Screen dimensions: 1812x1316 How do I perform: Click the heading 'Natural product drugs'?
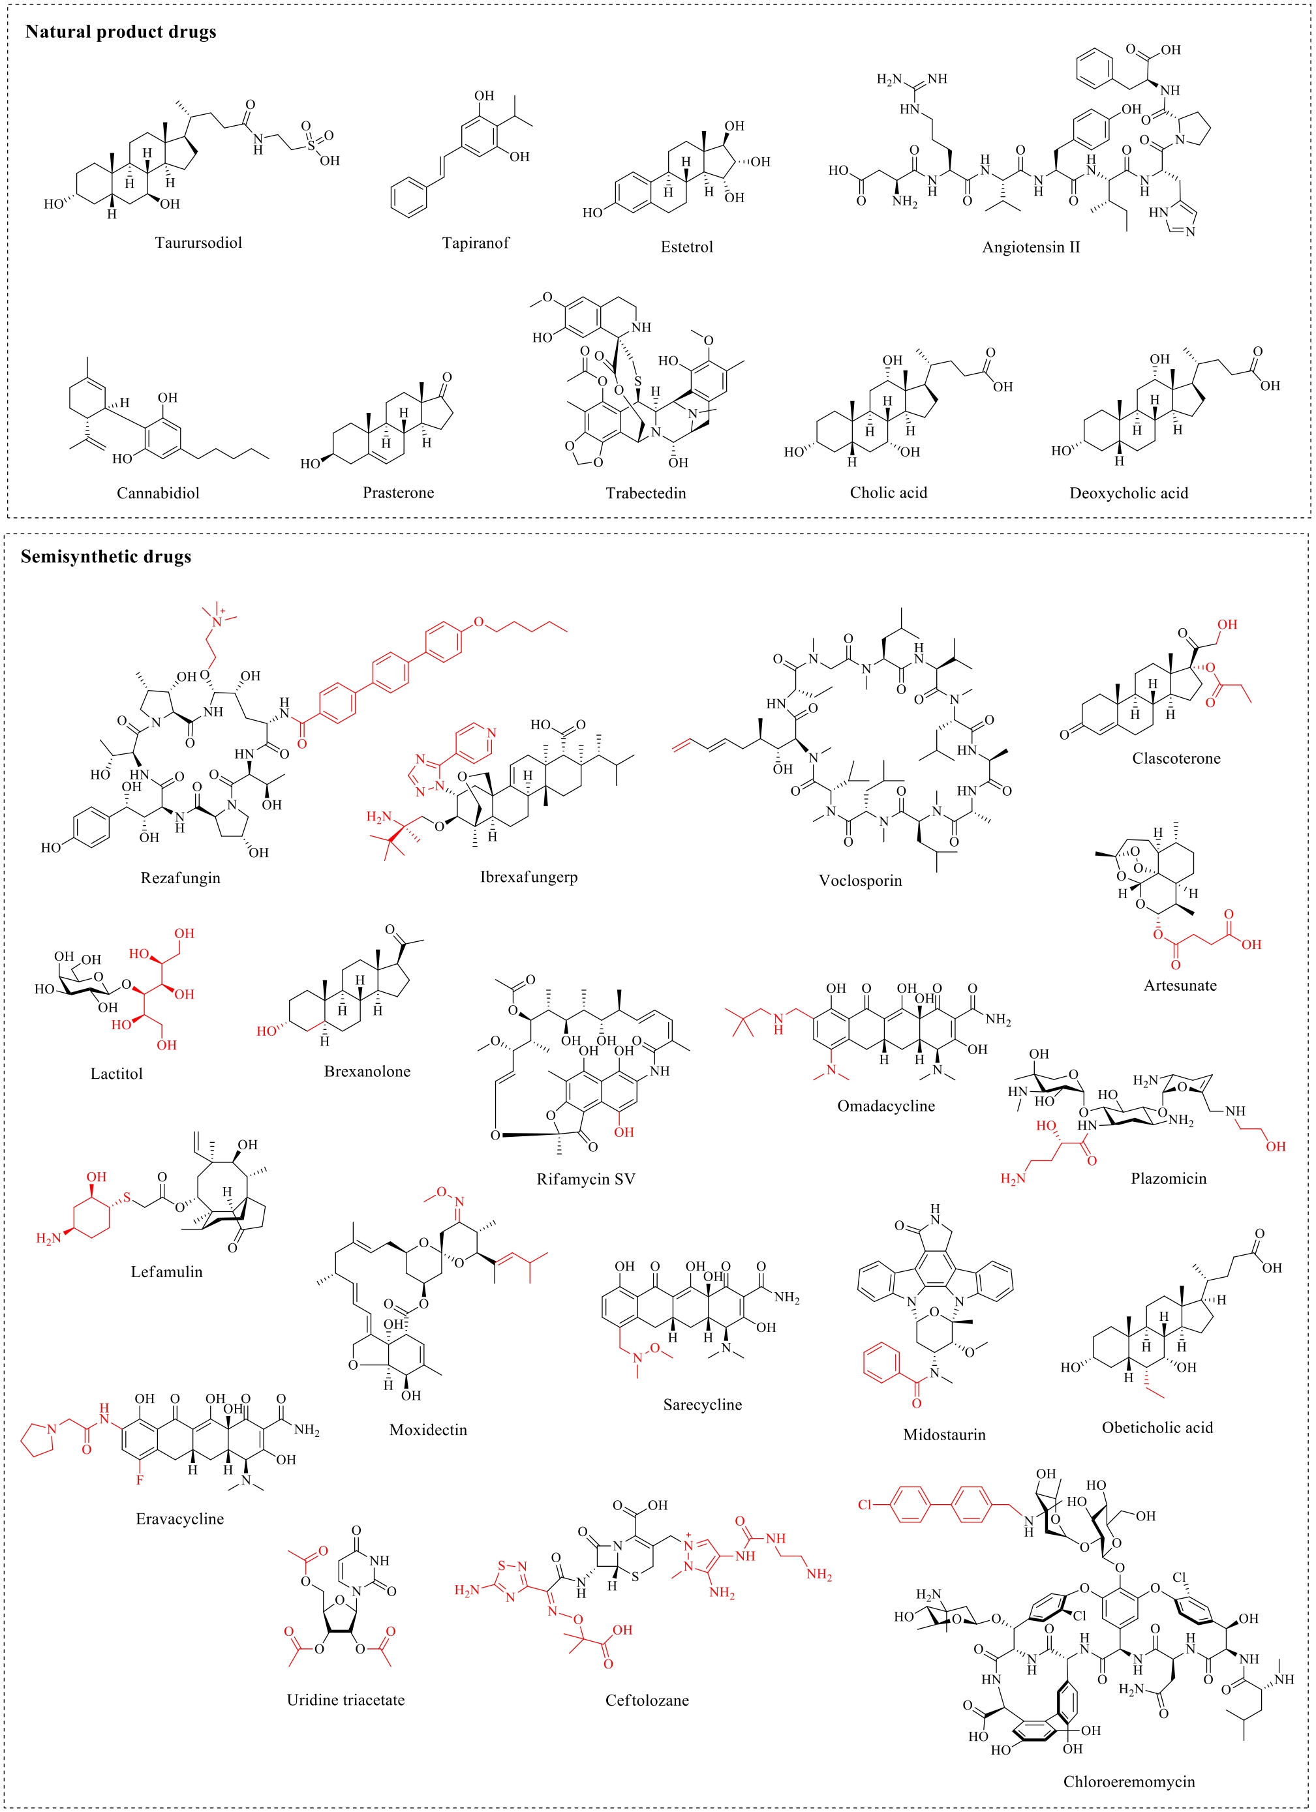click(121, 32)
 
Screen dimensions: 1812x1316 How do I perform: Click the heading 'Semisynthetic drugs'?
click(106, 556)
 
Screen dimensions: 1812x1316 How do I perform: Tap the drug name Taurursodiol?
click(198, 243)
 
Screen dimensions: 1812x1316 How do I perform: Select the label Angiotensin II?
click(1031, 247)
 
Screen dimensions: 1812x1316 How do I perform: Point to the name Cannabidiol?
click(158, 493)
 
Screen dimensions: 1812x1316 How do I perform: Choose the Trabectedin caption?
click(646, 493)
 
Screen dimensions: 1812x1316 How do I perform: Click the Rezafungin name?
click(181, 878)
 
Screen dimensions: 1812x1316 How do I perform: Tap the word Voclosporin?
click(861, 881)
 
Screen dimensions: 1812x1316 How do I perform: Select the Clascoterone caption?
click(1176, 758)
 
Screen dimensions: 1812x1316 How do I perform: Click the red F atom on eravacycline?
click(140, 1479)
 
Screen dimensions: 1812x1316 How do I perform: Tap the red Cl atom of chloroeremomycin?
click(865, 1505)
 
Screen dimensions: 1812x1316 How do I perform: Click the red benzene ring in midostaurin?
click(882, 1364)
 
